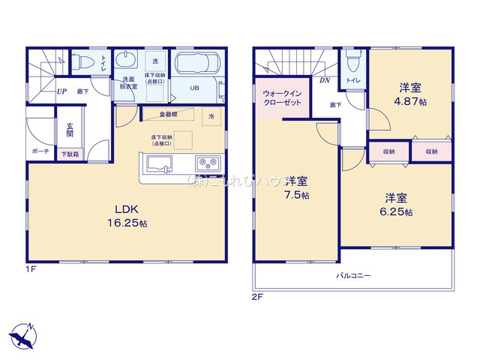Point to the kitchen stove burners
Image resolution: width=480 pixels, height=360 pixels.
[x=207, y=163]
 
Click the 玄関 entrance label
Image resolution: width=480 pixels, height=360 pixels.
[x=69, y=129]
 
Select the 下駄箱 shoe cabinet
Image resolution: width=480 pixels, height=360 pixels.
[x=68, y=154]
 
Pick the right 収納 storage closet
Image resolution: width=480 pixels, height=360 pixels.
[x=431, y=151]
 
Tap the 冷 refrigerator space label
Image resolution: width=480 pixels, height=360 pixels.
[x=211, y=116]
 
